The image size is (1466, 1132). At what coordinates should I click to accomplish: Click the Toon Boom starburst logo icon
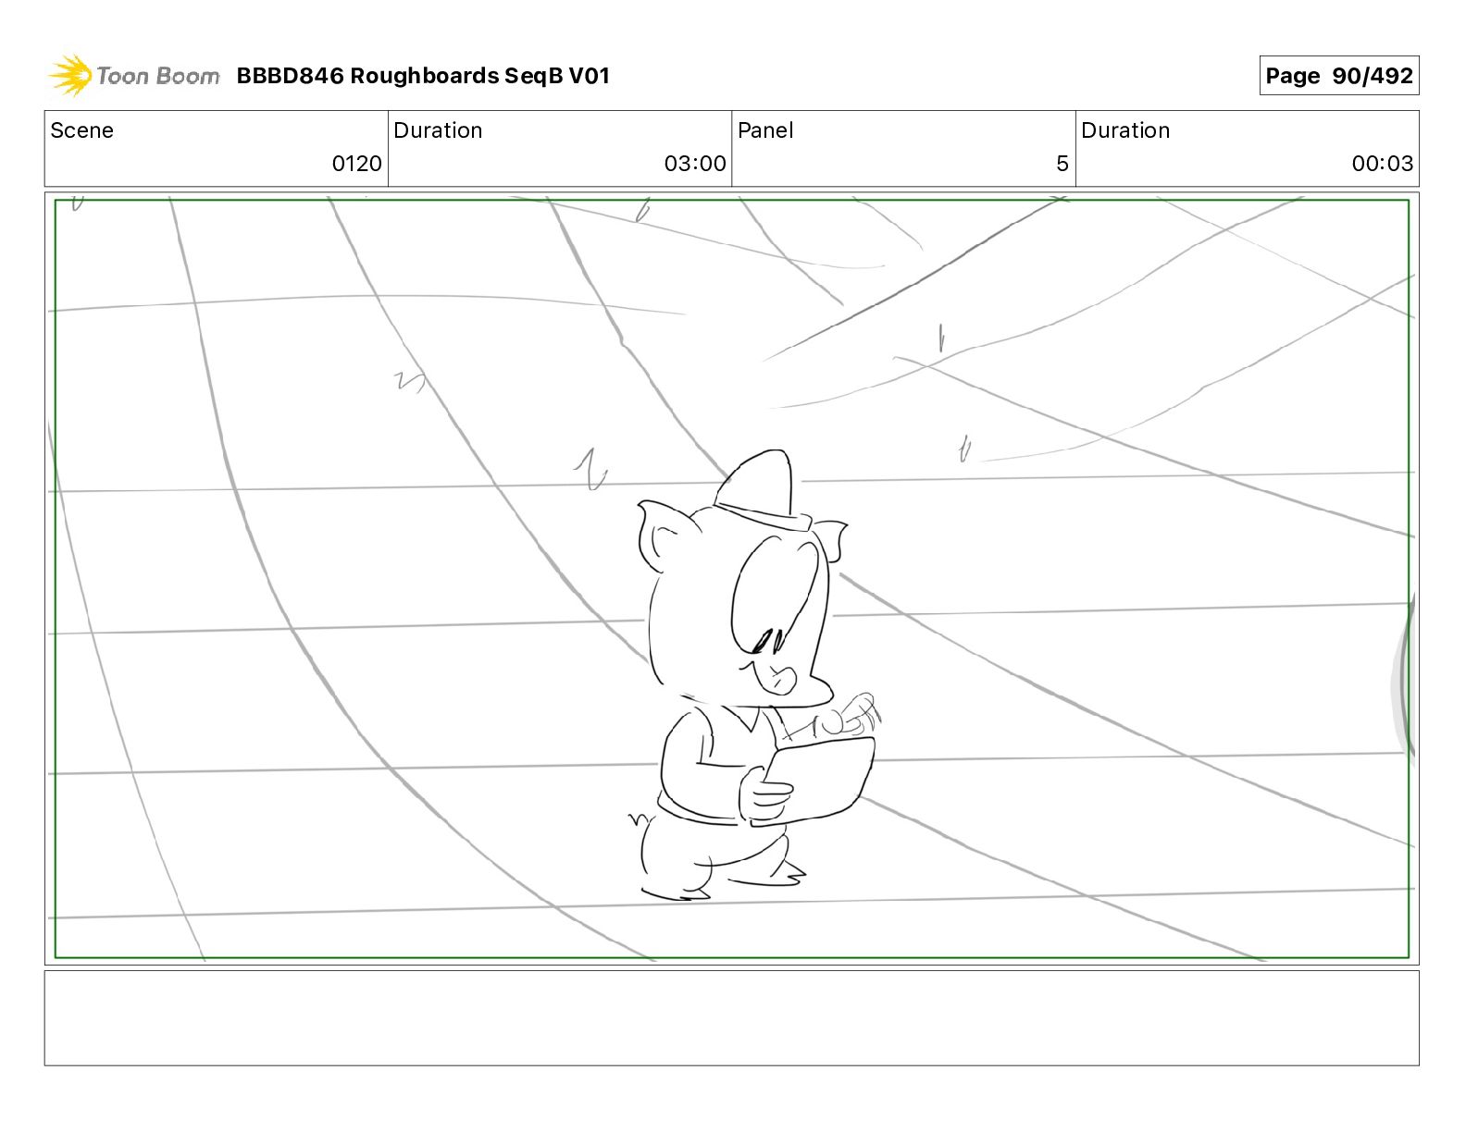click(69, 75)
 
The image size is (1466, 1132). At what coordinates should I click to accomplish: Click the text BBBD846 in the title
click(290, 76)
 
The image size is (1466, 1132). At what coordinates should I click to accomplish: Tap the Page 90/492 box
click(1338, 76)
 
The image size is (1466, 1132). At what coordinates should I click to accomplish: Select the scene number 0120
click(356, 164)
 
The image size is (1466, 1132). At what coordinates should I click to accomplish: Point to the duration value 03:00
click(694, 164)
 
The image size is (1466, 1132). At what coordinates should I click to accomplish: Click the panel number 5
click(1062, 164)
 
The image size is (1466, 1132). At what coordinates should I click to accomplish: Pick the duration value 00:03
click(1382, 164)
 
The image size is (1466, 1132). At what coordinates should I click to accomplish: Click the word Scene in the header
click(81, 130)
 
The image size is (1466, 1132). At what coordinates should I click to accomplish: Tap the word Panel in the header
click(765, 130)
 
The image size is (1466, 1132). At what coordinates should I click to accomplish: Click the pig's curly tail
click(637, 818)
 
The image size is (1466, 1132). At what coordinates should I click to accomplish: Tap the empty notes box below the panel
click(731, 1017)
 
